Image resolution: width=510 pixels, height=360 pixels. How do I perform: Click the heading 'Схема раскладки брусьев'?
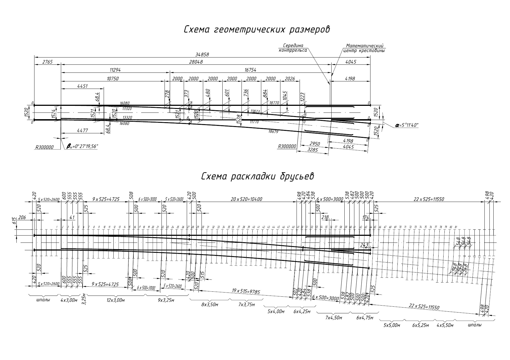click(258, 176)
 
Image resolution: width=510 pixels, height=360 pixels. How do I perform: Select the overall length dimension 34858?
click(202, 55)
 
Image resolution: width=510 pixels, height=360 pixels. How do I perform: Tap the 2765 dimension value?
click(47, 62)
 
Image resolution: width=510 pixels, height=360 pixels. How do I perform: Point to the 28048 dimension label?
click(196, 62)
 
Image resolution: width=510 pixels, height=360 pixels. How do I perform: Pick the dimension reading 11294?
click(115, 70)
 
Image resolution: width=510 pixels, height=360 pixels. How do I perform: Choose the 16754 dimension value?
click(250, 70)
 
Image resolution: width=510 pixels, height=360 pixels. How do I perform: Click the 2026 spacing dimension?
click(290, 79)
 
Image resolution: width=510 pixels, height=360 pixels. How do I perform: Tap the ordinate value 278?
click(167, 94)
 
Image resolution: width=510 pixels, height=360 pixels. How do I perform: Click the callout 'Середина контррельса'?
click(293, 48)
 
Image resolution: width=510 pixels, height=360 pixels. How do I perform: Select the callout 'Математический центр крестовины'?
click(364, 48)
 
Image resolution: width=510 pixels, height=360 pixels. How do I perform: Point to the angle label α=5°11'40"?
click(407, 125)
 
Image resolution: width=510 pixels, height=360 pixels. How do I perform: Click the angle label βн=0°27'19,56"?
click(82, 146)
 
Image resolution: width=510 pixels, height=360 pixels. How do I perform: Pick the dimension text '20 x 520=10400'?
click(247, 199)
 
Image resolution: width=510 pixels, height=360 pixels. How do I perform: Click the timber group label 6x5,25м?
click(421, 325)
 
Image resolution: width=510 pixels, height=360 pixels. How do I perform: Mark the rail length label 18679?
click(273, 131)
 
